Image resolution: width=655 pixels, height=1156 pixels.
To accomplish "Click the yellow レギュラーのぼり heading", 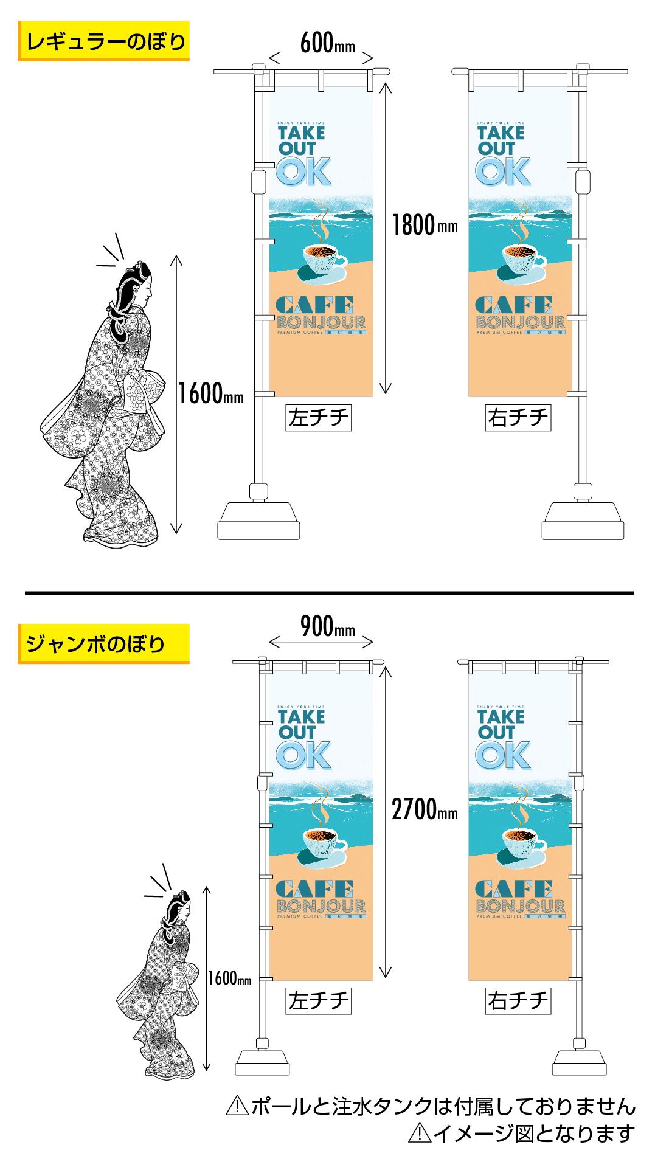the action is tap(103, 41).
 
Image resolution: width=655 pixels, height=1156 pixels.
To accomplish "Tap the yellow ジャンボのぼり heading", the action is tap(103, 643).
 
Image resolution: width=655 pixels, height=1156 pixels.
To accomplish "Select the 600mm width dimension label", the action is tap(327, 43).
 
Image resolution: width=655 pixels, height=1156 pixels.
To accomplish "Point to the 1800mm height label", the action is tap(424, 226).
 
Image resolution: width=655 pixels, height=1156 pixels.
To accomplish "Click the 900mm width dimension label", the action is tap(327, 627).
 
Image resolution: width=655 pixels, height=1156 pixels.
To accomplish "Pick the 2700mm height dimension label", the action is tap(424, 810).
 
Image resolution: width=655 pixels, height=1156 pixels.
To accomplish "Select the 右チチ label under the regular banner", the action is tap(518, 418).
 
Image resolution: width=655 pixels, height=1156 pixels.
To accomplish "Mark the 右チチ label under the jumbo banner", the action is tap(518, 1001).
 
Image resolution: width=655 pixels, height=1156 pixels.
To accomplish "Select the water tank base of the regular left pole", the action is tap(259, 521).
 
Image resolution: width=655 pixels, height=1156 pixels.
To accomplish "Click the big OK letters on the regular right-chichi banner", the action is tap(502, 171).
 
